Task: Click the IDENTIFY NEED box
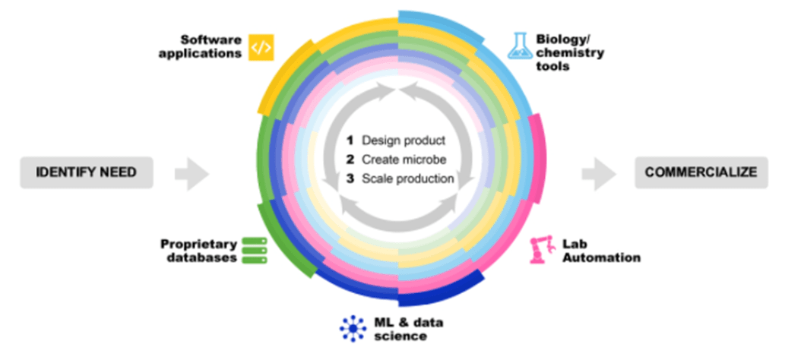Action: (x=86, y=172)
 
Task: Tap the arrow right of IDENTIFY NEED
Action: (x=192, y=174)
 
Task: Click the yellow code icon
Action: (x=261, y=48)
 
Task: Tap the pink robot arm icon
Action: (x=540, y=250)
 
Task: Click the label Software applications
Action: (x=210, y=46)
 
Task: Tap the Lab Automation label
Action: (x=601, y=251)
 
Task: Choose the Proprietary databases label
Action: (x=198, y=251)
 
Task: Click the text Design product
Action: (x=404, y=141)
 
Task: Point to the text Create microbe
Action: (x=404, y=159)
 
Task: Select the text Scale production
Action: (x=408, y=179)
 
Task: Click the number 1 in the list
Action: (x=350, y=141)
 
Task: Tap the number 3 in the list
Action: (x=350, y=179)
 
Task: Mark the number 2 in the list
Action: (x=350, y=159)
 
